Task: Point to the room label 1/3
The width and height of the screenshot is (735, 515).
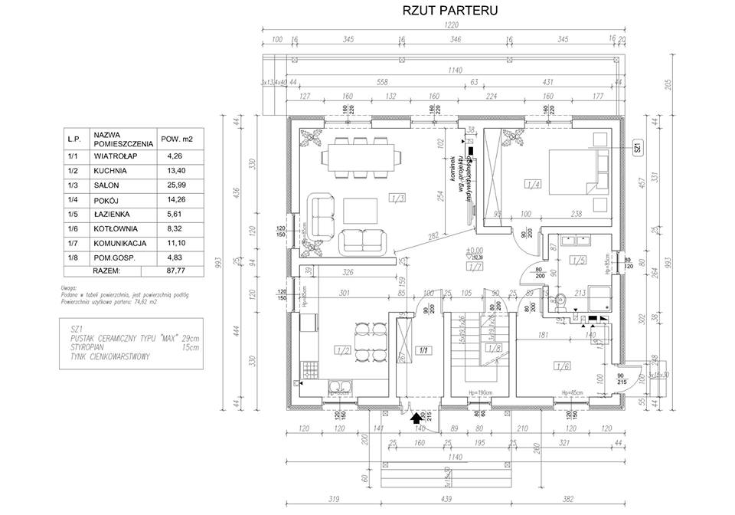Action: (x=397, y=200)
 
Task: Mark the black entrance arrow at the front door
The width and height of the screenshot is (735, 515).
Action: (x=418, y=418)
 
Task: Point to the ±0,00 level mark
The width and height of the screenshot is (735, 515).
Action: (x=475, y=250)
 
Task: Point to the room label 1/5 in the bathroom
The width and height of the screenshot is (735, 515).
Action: (x=577, y=261)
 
